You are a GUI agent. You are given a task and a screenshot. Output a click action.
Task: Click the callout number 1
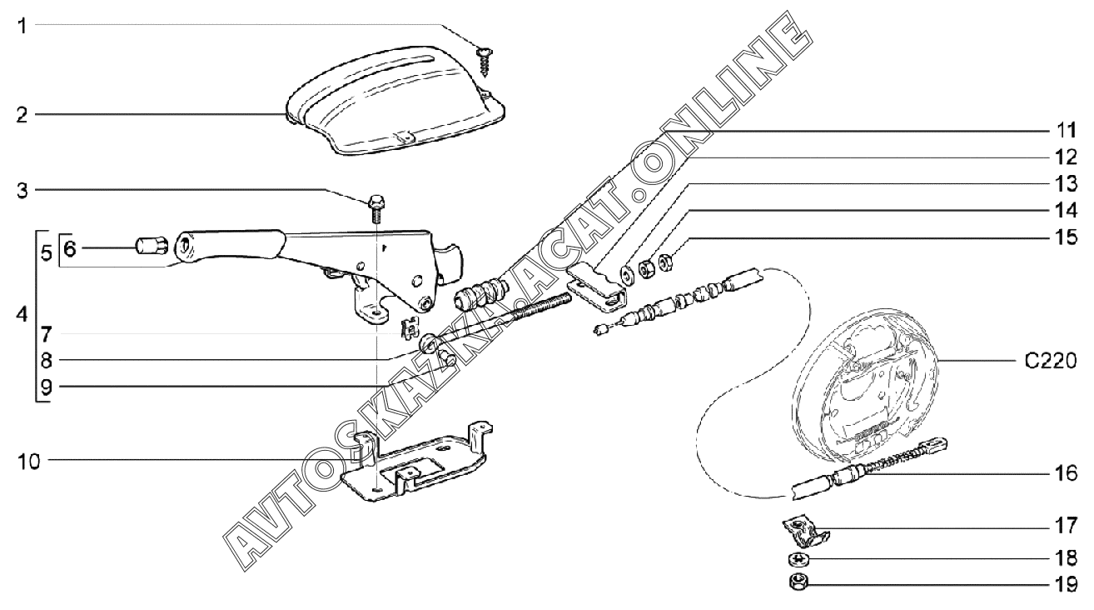[23, 26]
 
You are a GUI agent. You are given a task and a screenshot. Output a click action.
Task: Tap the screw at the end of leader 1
[483, 57]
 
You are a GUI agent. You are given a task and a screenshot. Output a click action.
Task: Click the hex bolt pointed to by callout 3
[375, 204]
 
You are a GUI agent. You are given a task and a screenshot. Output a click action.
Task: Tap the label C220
[1052, 362]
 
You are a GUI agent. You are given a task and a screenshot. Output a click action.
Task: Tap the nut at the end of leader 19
[798, 582]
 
